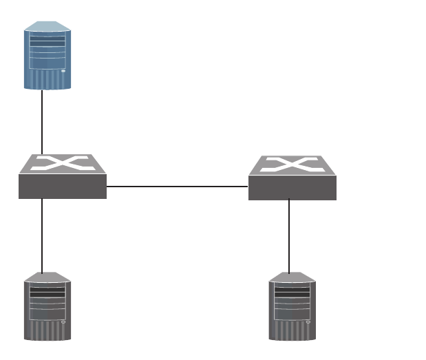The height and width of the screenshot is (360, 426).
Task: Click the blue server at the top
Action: [47, 56]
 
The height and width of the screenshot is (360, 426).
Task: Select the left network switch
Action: [63, 177]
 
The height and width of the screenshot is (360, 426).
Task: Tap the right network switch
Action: [292, 178]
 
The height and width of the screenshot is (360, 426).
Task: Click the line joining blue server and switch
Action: [42, 122]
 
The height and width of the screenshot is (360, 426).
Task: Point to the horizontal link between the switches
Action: [177, 186]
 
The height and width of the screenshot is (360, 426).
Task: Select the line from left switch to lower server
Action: [42, 235]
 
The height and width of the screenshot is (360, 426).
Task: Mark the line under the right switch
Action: [289, 235]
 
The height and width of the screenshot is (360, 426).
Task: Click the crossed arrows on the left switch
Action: [63, 164]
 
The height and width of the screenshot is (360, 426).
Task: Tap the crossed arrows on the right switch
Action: [292, 165]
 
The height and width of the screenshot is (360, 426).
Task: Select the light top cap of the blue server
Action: [47, 25]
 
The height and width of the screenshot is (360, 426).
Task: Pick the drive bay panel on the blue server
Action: [47, 51]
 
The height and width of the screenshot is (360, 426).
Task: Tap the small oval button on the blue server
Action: [63, 70]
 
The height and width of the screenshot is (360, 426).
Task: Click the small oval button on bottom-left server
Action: [63, 320]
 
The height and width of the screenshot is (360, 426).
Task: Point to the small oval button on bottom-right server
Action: [308, 320]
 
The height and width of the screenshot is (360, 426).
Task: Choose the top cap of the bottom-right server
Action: [292, 277]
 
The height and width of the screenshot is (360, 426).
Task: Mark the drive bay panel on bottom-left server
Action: [47, 301]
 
